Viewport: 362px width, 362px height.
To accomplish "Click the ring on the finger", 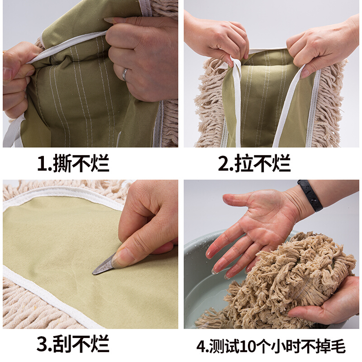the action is click(x=125, y=74).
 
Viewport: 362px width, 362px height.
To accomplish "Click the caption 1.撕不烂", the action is click(x=73, y=164).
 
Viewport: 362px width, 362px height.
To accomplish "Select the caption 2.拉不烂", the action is click(x=254, y=164).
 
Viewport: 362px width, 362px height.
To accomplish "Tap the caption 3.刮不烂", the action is click(x=73, y=343).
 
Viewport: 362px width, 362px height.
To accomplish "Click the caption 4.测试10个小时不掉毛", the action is click(x=271, y=346).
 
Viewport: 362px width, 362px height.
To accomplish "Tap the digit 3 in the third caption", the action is click(x=43, y=344).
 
